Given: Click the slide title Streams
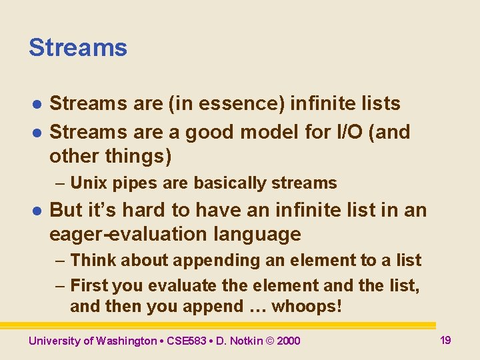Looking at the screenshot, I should click(77, 48).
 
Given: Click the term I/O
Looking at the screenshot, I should click(347, 132).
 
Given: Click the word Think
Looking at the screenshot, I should click(91, 260).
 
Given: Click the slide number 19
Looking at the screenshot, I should click(445, 340).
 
